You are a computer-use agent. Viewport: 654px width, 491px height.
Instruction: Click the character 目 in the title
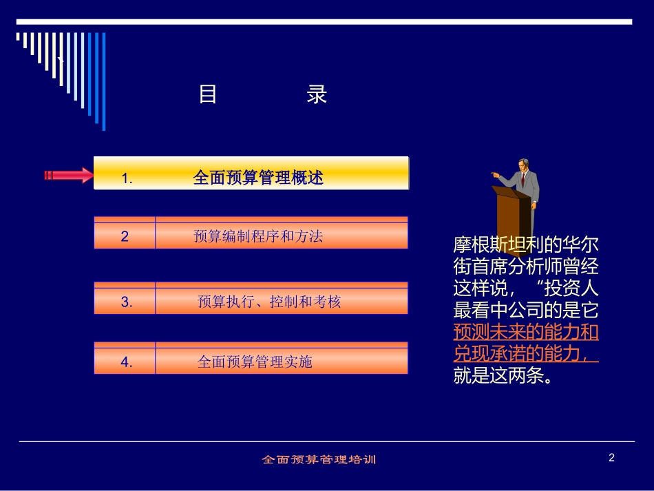click(x=208, y=94)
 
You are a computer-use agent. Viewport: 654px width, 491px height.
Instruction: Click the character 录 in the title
click(x=317, y=94)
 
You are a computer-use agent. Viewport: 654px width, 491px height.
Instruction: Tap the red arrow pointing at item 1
click(x=69, y=175)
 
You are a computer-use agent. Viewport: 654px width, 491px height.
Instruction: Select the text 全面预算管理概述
click(x=258, y=178)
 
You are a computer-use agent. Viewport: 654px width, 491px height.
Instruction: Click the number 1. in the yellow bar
click(x=127, y=178)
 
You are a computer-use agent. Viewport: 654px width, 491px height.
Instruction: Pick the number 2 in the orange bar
click(x=125, y=236)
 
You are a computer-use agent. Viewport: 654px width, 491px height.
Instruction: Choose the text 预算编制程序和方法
click(x=258, y=236)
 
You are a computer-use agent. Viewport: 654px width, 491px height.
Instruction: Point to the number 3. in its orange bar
click(x=127, y=302)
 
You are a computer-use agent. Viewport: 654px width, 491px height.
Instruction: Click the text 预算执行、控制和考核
click(x=268, y=302)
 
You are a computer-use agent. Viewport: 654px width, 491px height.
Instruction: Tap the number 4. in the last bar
click(x=127, y=362)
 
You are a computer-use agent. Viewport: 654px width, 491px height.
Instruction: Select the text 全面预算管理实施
click(x=255, y=362)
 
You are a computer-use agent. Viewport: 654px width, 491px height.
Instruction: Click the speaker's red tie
click(x=523, y=180)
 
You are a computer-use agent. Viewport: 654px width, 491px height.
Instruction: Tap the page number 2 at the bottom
click(x=611, y=457)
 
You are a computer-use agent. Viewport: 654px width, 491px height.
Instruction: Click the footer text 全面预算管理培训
click(x=319, y=459)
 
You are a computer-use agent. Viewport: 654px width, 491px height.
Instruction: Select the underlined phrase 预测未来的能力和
click(x=526, y=332)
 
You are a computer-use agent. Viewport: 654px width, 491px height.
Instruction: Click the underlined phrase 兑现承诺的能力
click(x=520, y=353)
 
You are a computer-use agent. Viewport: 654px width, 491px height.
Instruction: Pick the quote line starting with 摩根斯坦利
click(x=526, y=245)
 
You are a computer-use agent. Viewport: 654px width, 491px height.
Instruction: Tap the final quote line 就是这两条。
click(x=503, y=375)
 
